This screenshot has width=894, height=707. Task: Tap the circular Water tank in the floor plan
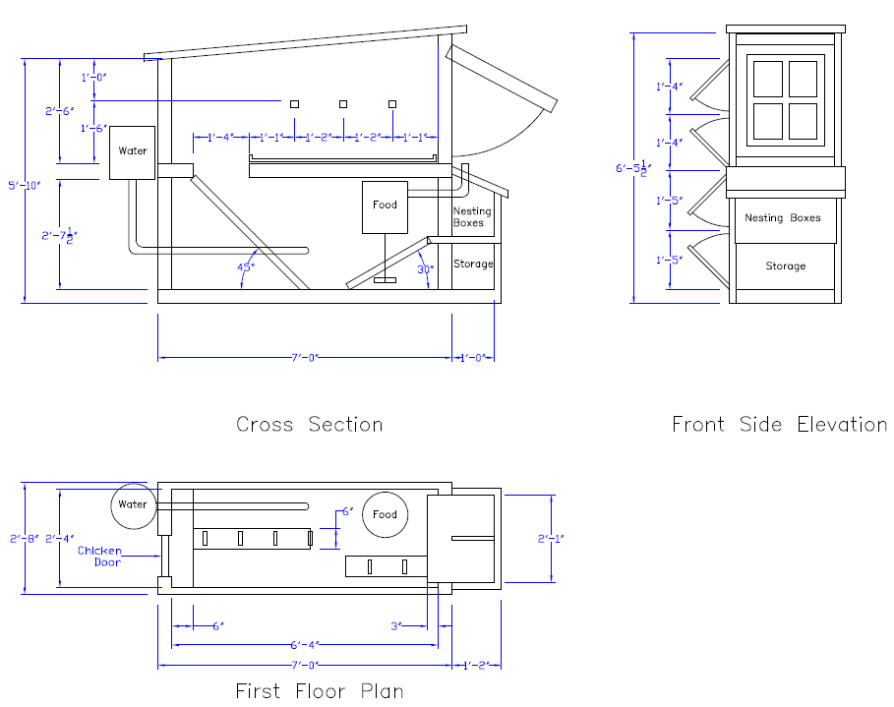[134, 506]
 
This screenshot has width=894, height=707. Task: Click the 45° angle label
[246, 266]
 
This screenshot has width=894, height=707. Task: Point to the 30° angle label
[425, 269]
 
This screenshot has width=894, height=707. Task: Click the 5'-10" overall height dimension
[25, 185]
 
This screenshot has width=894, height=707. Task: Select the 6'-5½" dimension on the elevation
[633, 168]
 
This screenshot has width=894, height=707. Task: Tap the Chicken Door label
[99, 557]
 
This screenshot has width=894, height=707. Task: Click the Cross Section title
[310, 424]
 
